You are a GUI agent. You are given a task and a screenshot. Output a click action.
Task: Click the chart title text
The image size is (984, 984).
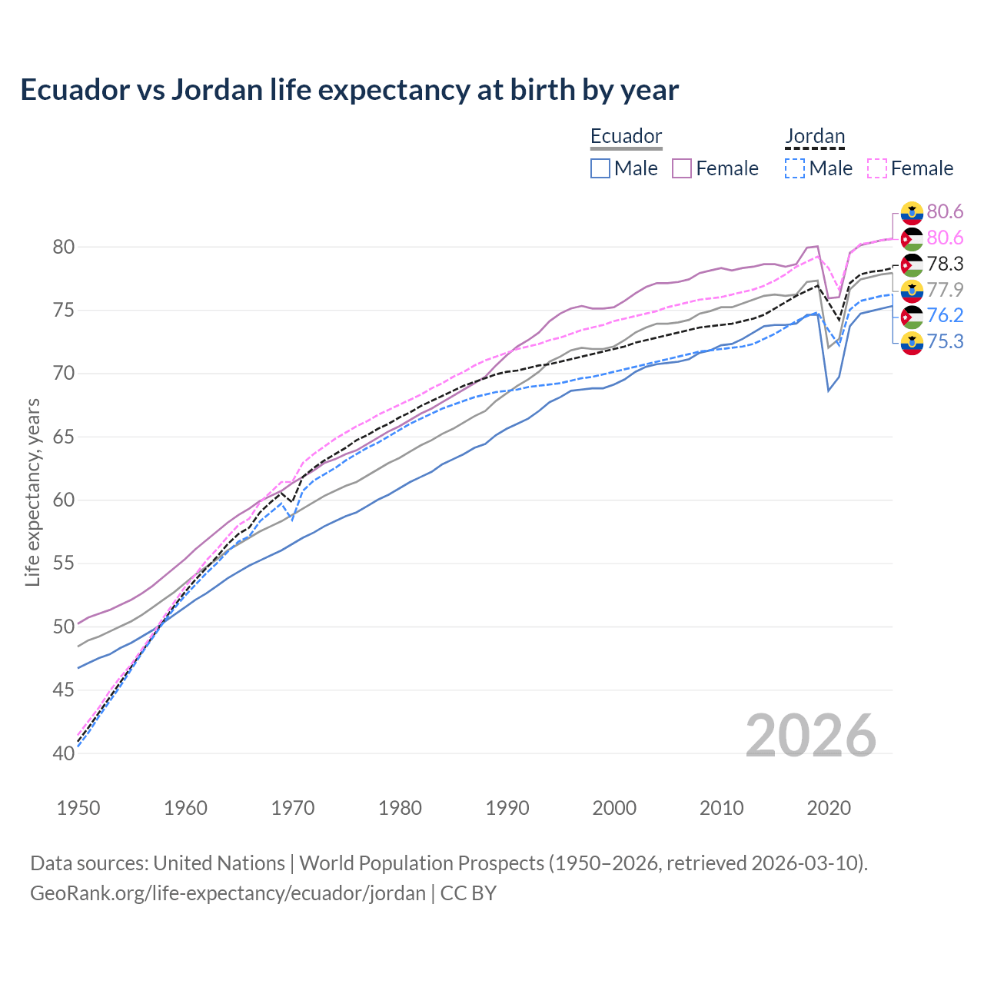(349, 90)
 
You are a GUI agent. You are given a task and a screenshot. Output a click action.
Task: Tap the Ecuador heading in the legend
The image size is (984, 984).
(626, 136)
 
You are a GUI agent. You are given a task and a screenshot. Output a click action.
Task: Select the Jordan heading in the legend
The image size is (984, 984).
(815, 136)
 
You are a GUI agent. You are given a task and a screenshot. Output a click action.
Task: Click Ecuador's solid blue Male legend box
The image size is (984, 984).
(600, 168)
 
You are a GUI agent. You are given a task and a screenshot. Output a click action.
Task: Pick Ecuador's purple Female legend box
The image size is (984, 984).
(682, 168)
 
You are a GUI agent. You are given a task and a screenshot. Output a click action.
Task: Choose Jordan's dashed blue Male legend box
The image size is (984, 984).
(795, 168)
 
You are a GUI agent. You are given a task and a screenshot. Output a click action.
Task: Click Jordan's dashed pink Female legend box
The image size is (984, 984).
(877, 168)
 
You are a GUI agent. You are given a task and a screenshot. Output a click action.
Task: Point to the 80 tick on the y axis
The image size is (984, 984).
(64, 248)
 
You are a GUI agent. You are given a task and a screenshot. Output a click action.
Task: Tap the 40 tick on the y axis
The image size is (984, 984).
(64, 753)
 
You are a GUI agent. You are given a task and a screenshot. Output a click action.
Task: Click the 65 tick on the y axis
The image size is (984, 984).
(64, 437)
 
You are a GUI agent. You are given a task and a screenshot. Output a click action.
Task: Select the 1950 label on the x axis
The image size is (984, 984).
(78, 808)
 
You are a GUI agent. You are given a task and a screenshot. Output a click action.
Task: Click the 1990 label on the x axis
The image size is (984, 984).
(507, 808)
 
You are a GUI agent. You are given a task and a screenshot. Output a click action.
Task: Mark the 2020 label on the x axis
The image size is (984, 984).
(829, 808)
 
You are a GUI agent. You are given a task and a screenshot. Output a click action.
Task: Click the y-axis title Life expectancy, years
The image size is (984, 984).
(32, 492)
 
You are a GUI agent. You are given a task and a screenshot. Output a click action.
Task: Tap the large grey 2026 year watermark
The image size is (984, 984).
(811, 736)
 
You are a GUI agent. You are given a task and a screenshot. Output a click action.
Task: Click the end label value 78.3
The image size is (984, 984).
(945, 264)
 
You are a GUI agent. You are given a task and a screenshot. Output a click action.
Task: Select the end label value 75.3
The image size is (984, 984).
(945, 341)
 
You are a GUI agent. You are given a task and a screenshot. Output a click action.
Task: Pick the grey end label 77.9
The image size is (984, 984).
(945, 290)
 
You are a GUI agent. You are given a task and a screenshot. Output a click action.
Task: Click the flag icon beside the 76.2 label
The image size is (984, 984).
(912, 316)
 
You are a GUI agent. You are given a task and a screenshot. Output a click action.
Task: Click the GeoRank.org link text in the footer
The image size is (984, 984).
(228, 893)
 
